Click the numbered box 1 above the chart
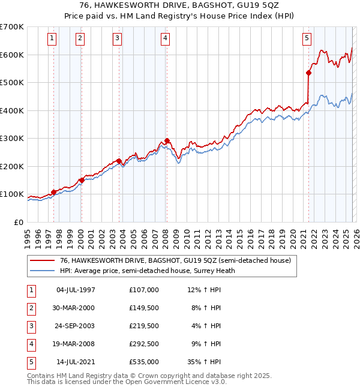(x=53, y=38)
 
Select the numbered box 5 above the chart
(x=307, y=38)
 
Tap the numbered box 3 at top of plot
(x=117, y=38)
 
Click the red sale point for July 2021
(x=308, y=73)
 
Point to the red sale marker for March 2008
(x=167, y=140)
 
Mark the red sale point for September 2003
(x=119, y=161)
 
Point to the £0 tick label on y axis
(x=19, y=222)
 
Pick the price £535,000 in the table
(x=144, y=362)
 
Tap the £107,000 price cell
(x=144, y=290)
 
